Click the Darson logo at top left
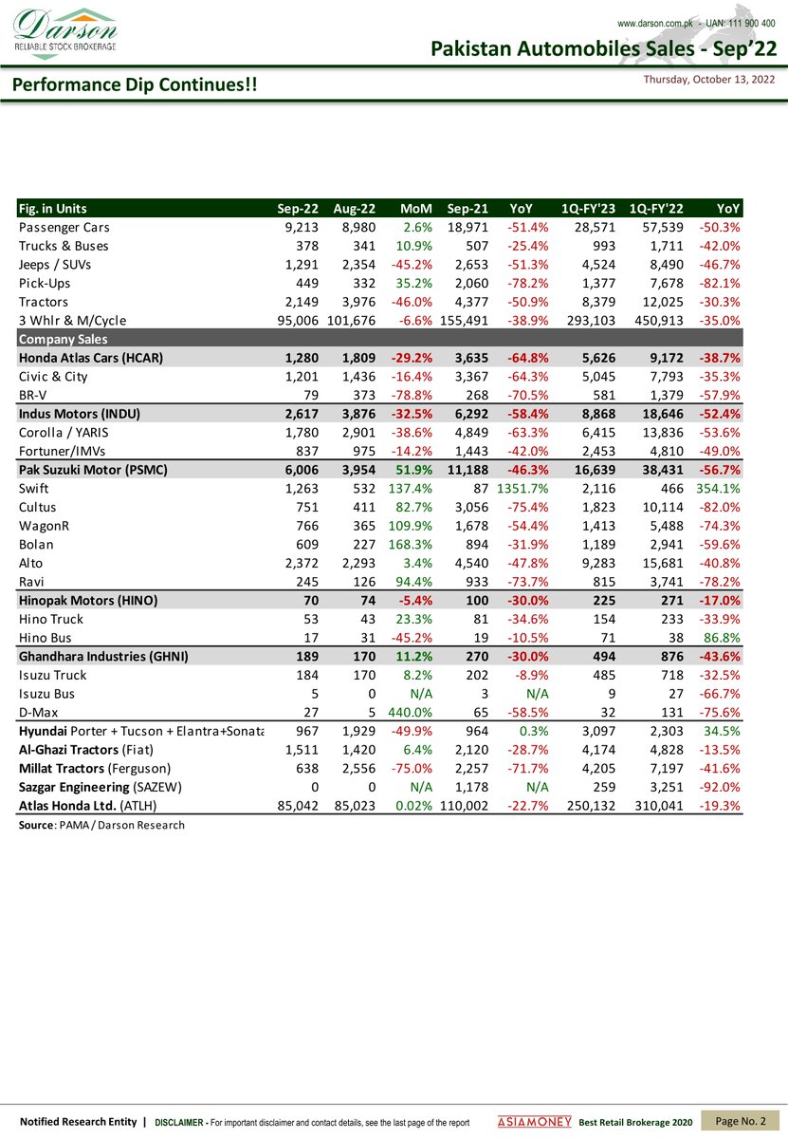(x=65, y=33)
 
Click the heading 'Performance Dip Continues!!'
(x=133, y=85)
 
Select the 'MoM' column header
(x=416, y=209)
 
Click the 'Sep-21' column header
(x=467, y=209)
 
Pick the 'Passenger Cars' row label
(x=64, y=228)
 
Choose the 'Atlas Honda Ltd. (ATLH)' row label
(x=87, y=806)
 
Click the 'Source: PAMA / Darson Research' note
(x=101, y=825)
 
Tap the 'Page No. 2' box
(x=741, y=1121)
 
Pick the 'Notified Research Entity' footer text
(x=79, y=1122)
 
